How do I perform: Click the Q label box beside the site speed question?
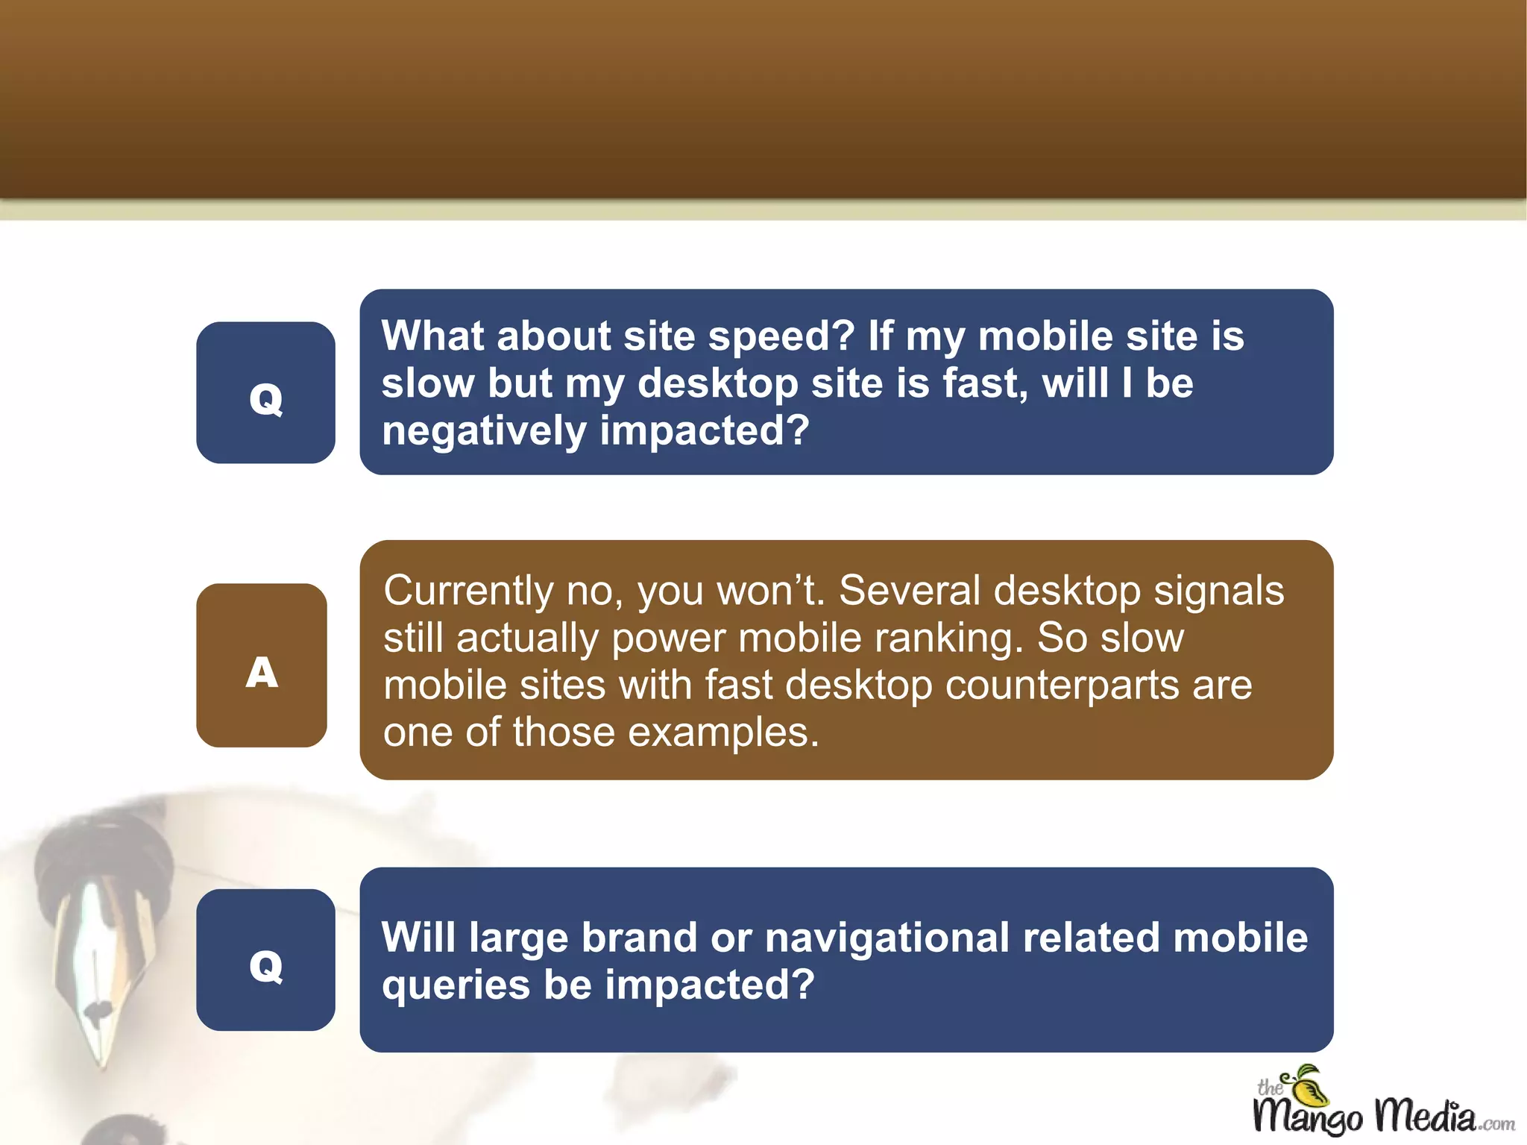click(x=265, y=393)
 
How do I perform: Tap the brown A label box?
click(x=262, y=665)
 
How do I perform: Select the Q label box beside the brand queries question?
click(x=265, y=960)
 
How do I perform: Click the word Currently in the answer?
click(x=468, y=592)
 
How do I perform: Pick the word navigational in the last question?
click(x=887, y=938)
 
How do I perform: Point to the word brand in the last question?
click(x=639, y=938)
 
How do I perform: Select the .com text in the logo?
click(x=1496, y=1123)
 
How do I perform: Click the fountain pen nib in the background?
click(x=104, y=970)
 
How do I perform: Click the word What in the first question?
click(x=432, y=336)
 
